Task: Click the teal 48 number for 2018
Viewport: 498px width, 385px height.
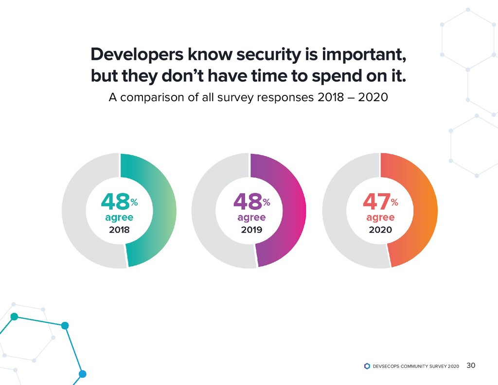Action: click(x=115, y=201)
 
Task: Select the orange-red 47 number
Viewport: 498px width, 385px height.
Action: click(x=376, y=201)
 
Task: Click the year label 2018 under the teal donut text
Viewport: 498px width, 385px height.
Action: click(x=119, y=230)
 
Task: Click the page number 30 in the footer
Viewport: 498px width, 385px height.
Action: click(x=470, y=366)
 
